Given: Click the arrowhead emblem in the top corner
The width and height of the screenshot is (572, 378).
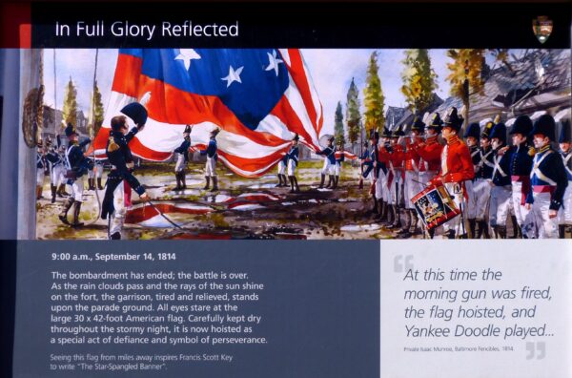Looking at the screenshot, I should pos(541,28).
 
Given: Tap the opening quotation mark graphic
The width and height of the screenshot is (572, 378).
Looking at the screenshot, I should pos(404,263).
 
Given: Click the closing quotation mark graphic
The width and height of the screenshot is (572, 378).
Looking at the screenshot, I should pos(535,350).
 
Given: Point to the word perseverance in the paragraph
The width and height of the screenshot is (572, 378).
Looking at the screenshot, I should pos(235,339).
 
